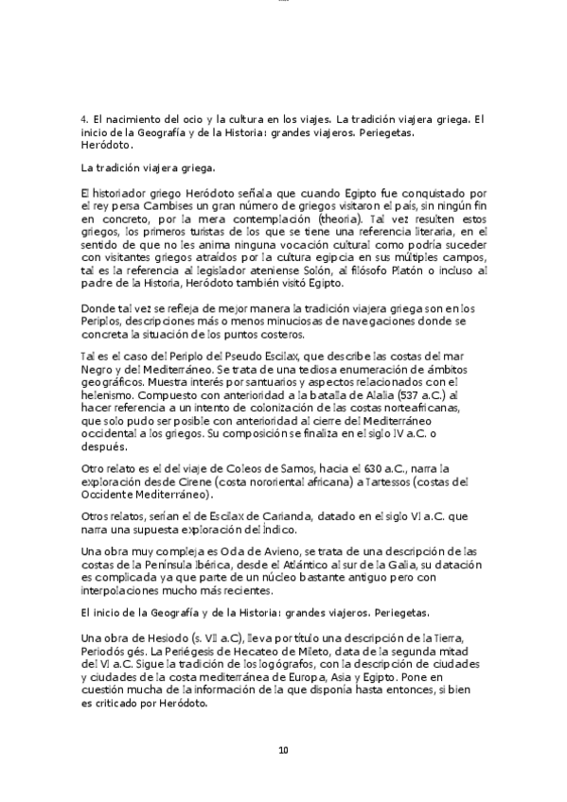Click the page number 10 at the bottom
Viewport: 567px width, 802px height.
[x=283, y=751]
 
